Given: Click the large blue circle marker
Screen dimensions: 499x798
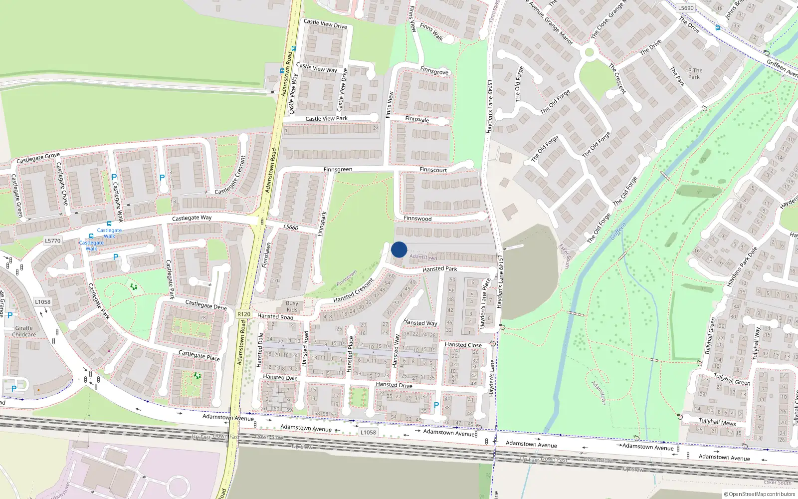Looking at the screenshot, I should tap(399, 249).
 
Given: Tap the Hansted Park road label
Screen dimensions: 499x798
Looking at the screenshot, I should tap(439, 269).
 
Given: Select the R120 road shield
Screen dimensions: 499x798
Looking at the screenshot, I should tap(244, 314).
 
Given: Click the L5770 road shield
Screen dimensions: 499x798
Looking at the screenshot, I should tap(52, 241).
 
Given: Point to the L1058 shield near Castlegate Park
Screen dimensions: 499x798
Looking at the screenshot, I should tap(42, 301).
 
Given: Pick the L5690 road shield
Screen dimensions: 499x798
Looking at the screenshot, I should tap(686, 8).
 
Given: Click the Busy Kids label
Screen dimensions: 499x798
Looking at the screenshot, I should tap(292, 306).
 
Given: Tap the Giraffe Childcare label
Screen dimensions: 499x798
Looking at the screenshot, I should tap(24, 331).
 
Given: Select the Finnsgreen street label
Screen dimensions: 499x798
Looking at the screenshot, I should tap(338, 170).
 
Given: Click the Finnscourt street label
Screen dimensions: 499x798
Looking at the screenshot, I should tap(433, 170).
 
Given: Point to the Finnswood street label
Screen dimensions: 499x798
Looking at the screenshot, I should tap(417, 219).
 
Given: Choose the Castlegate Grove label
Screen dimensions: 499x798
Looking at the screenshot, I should tap(38, 158).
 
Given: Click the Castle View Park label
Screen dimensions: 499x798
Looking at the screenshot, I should tap(326, 119).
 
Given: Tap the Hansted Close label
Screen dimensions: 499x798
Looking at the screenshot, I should tap(463, 345).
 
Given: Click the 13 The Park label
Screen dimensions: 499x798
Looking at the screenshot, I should tap(694, 74).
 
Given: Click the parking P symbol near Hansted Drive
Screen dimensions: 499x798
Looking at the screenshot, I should tap(436, 406).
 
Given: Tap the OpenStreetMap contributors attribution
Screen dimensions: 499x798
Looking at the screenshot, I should tap(760, 494).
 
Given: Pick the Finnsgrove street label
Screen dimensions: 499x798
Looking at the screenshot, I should tap(434, 71).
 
